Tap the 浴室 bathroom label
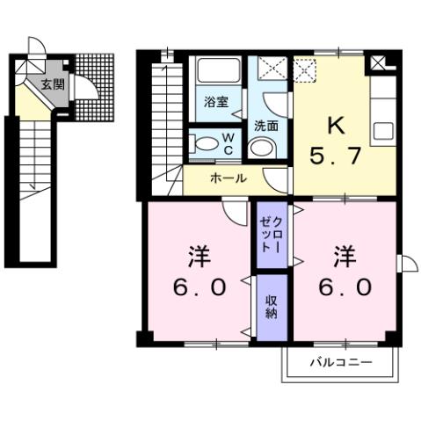pos(216,101)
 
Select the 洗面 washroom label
pos(266,125)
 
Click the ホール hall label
pos(227,178)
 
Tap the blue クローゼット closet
pos(271,234)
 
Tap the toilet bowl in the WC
pos(204,142)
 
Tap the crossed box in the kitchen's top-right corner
pos(381,62)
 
